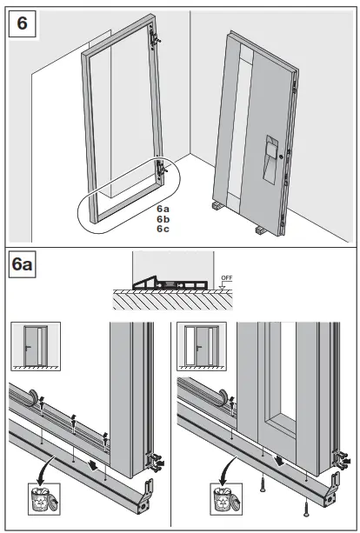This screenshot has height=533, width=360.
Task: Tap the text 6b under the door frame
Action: pyautogui.click(x=163, y=218)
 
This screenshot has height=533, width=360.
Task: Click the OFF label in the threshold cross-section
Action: pyautogui.click(x=227, y=279)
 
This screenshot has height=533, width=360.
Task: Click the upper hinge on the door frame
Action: pyautogui.click(x=156, y=37)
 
